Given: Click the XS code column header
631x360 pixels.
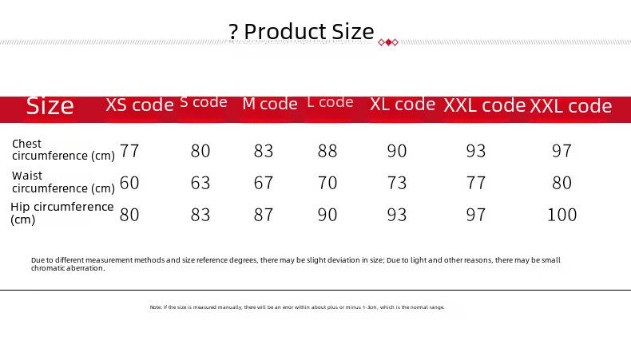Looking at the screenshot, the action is tap(140, 105).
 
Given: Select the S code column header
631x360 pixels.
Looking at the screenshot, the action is tap(204, 102).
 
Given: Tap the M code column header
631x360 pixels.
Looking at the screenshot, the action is tap(270, 104).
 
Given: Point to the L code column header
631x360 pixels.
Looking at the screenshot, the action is tap(331, 102).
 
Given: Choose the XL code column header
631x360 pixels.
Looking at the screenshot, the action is tap(403, 105).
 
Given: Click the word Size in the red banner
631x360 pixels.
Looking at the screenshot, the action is tap(50, 106).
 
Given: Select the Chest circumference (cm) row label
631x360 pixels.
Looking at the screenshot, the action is tap(63, 149).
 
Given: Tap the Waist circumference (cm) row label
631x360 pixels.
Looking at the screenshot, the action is tap(63, 182).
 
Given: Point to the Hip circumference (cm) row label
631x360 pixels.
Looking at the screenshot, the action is tap(62, 213).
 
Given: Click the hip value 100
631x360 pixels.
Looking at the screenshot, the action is tap(562, 215).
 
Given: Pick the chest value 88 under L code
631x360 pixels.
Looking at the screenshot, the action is tap(327, 151).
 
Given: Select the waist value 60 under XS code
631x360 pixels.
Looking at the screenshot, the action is tap(129, 183).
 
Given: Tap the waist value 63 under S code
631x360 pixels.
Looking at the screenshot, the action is tap(200, 183).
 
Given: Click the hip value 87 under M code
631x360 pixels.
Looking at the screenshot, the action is tap(264, 215).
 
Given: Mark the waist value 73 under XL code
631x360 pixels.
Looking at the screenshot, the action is tap(397, 183).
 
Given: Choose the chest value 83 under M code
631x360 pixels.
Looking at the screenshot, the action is tap(264, 151).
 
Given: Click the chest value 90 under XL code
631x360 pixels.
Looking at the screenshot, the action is tap(397, 151).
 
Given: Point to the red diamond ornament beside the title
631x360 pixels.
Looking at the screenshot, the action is tap(388, 42).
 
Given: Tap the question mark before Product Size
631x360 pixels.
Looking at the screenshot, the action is tap(232, 32).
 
